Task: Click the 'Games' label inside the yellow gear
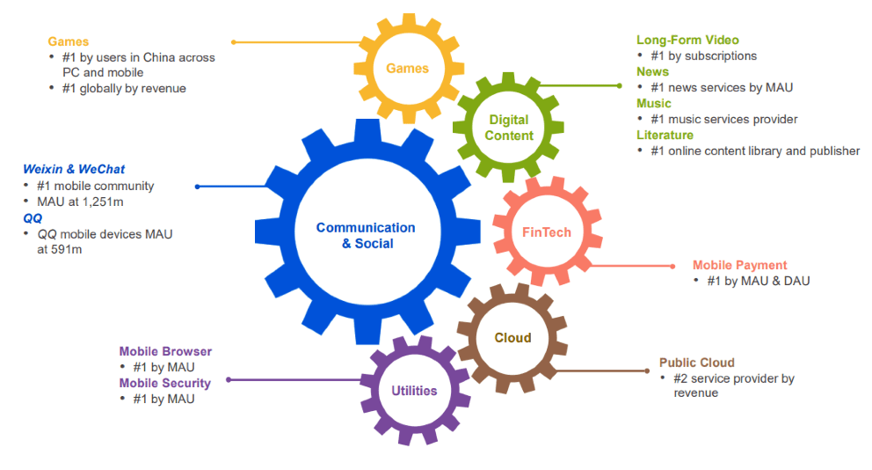point(408,69)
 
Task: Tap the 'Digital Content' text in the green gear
point(509,128)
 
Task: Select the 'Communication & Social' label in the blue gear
point(366,236)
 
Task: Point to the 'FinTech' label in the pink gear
point(547,232)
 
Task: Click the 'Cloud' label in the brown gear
point(512,338)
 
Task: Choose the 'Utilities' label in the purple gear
point(414,391)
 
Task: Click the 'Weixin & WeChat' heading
point(74,169)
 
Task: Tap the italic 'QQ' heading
point(33,218)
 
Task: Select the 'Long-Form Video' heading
point(688,40)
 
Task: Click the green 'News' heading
point(653,72)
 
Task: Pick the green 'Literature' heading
point(665,136)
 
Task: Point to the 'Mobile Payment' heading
point(739,265)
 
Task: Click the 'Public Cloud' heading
point(697,363)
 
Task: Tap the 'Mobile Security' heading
point(165,383)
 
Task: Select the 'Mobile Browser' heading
point(165,351)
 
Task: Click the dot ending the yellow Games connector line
point(234,42)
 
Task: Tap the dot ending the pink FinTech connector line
point(673,267)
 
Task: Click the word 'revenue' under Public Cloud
point(695,393)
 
